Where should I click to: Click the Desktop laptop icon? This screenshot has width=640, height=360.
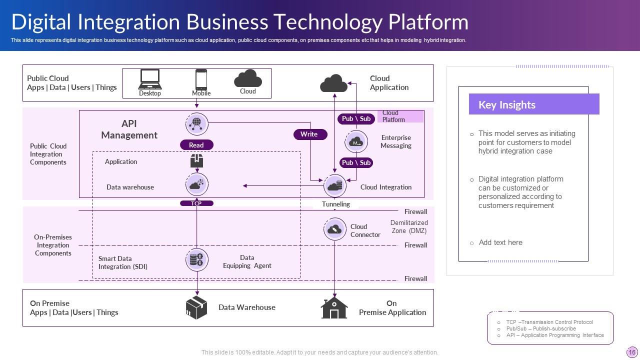coord(150,79)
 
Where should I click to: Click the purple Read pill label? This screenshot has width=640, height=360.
coord(196,145)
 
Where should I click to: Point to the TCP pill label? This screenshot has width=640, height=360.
coord(196,203)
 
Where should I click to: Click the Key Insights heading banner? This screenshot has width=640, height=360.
coord(533,104)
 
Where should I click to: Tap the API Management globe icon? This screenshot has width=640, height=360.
coord(196,123)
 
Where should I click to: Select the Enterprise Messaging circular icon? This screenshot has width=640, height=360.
coord(356,142)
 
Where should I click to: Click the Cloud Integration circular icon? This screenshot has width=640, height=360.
coord(334,186)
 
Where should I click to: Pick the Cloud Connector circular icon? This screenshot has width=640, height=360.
coord(334,229)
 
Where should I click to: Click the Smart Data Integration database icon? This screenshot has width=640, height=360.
coord(196,259)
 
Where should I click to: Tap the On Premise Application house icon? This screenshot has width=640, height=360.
coord(334,308)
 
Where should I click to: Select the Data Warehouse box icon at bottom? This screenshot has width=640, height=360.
coord(196,307)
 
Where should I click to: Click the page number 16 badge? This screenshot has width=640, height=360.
coord(631,352)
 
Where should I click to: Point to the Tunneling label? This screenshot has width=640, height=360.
coord(336,204)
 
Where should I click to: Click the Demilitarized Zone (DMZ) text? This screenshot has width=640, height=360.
coord(409,226)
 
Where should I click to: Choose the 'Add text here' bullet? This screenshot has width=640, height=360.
coord(500,242)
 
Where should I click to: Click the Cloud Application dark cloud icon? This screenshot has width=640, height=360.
coord(333,83)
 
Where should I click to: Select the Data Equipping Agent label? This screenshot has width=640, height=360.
coord(247,261)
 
